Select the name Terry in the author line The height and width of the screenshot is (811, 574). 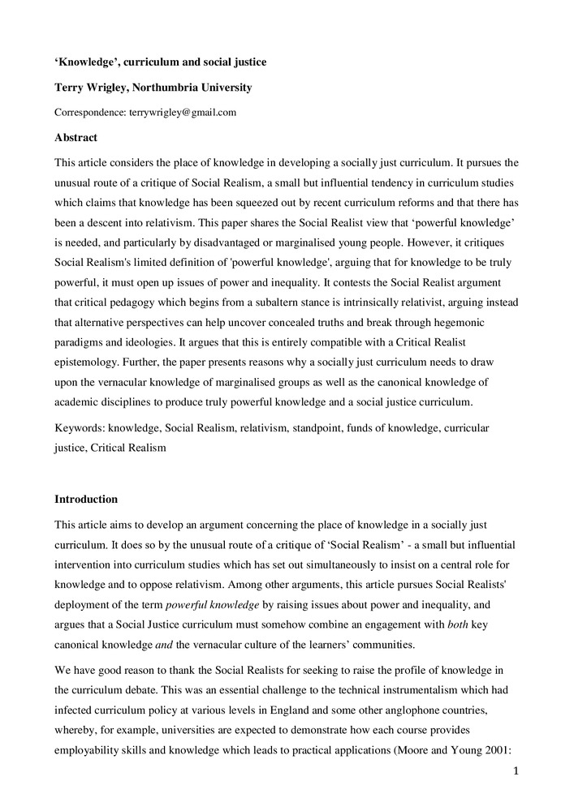70,88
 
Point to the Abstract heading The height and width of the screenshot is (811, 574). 76,138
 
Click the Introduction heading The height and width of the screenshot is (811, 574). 86,499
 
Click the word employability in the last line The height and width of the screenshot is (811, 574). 92,749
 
